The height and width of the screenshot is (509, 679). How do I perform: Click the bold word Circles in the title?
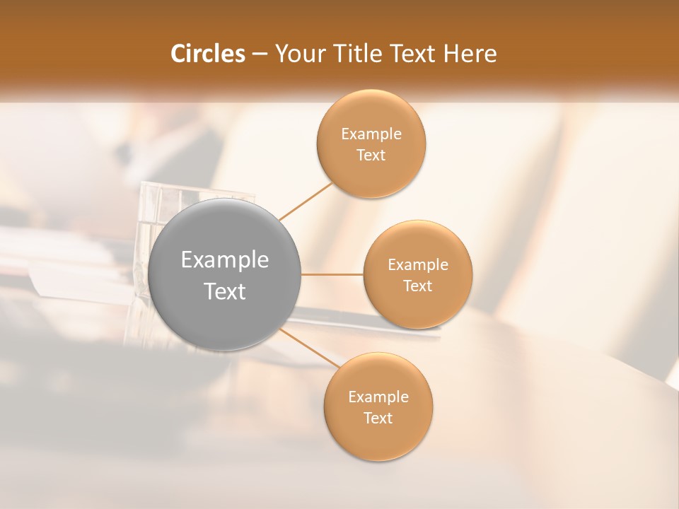[207, 54]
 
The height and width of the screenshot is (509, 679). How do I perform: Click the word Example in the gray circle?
[225, 260]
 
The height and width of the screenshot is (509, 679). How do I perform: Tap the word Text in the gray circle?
[225, 291]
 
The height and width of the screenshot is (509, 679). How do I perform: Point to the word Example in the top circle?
[371, 134]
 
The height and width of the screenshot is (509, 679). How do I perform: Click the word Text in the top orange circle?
[371, 155]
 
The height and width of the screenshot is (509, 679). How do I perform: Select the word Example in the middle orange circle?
[418, 264]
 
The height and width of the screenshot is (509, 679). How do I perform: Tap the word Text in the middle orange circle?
[418, 286]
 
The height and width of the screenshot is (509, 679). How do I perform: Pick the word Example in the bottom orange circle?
[378, 397]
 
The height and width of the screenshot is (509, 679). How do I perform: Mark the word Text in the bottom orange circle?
[378, 418]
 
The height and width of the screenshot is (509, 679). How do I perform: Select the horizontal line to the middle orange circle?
[332, 274]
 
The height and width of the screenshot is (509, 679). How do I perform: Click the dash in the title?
[260, 54]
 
